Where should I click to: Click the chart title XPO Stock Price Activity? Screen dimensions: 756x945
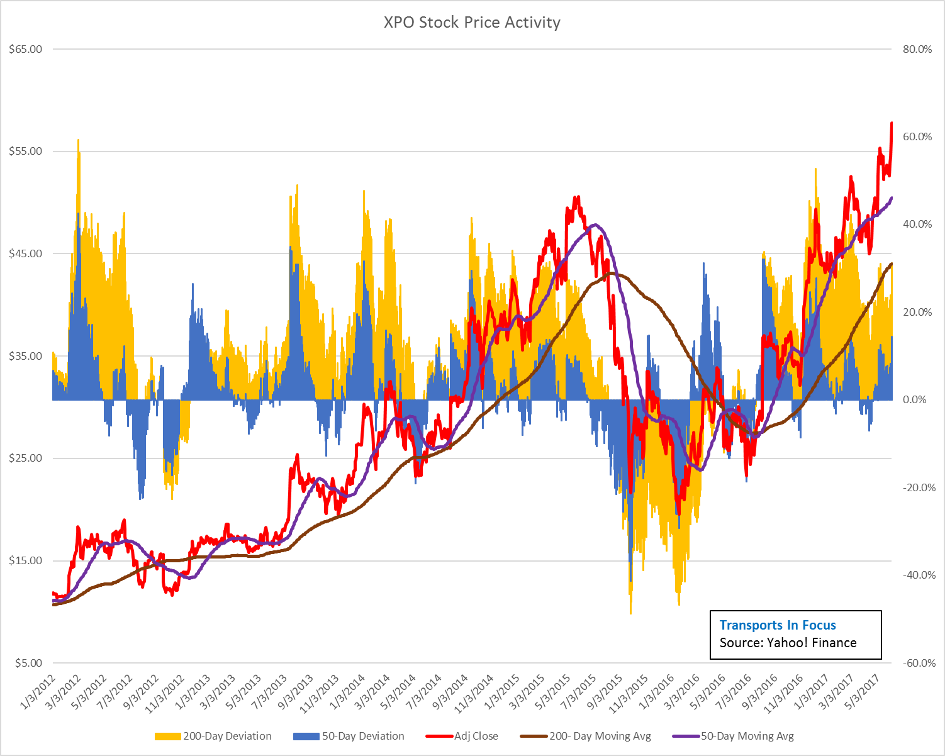pos(472,23)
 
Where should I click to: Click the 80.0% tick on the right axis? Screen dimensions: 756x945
pos(917,49)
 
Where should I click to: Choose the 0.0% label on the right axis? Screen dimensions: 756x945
pos(919,400)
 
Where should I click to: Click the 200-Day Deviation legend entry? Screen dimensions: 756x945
pos(213,736)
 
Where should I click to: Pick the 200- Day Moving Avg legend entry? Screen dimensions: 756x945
pos(586,736)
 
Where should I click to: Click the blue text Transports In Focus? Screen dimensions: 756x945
pos(778,625)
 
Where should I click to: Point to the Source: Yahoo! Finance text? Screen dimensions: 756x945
pos(788,643)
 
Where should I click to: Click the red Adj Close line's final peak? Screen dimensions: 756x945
pos(892,123)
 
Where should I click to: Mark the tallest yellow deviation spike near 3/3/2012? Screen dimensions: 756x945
pos(78,141)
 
